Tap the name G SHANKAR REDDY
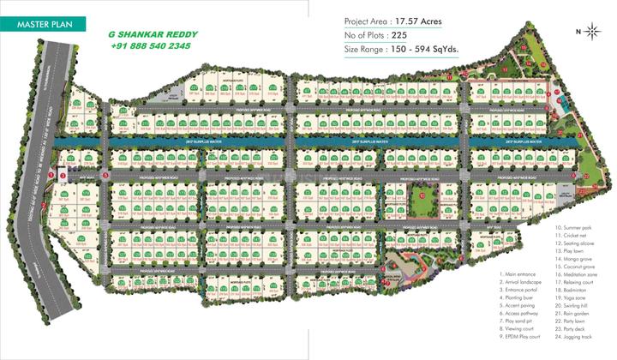tap(153, 35)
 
